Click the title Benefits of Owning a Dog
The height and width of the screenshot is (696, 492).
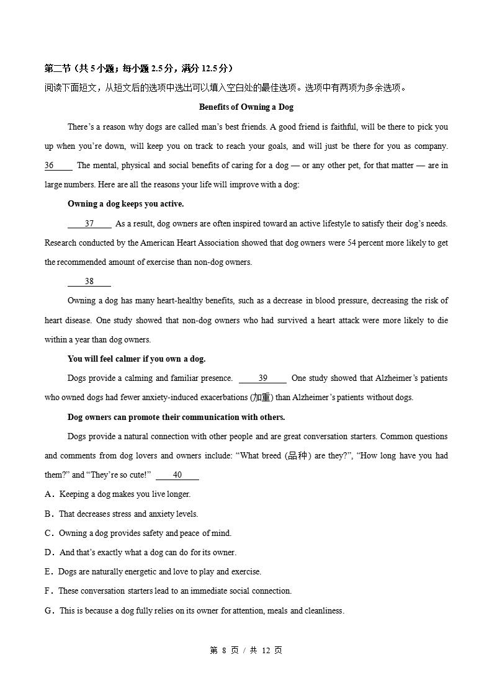click(246, 107)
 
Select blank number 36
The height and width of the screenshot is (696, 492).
click(58, 166)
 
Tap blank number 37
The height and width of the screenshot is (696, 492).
click(89, 224)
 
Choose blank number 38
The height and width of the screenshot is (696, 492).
click(89, 282)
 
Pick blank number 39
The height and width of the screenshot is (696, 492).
click(262, 378)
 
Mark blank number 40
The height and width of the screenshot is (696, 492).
click(177, 475)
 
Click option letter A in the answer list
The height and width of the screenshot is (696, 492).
click(48, 494)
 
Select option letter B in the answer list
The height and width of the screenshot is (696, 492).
click(48, 514)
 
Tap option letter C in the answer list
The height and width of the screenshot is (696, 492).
click(48, 533)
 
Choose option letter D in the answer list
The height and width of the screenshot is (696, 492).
click(48, 552)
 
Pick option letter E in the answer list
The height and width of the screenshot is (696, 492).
click(48, 572)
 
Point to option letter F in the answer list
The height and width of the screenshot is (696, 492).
click(48, 591)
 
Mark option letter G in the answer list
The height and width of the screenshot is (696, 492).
click(48, 611)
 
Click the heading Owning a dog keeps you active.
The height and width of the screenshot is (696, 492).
click(125, 204)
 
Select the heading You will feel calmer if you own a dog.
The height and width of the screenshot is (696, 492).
click(136, 359)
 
